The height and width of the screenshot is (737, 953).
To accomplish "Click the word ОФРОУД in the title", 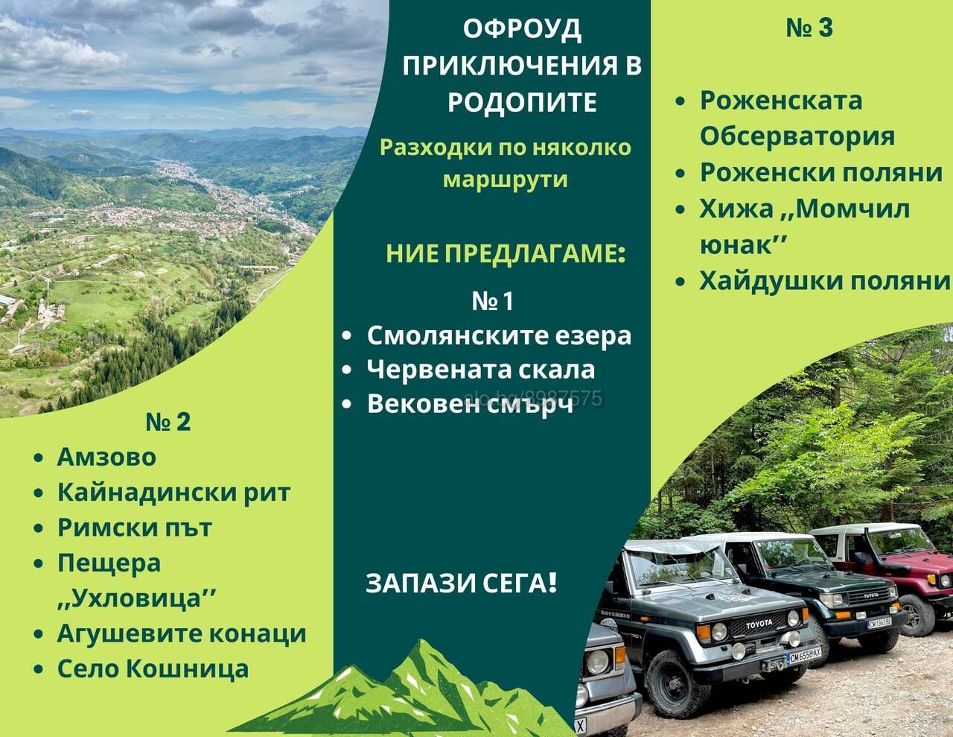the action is [x=522, y=29].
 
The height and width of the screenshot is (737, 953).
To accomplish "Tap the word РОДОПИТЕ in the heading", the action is [x=522, y=102].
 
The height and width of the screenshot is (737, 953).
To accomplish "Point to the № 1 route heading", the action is [x=492, y=301].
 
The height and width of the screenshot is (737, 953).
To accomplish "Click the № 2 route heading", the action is [x=168, y=422].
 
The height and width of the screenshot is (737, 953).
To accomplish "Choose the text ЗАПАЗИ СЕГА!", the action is [x=461, y=583].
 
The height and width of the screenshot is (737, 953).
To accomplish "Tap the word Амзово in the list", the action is [x=106, y=457].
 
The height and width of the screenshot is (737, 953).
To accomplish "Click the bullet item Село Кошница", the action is [x=153, y=669].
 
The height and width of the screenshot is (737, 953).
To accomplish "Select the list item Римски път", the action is [x=135, y=528].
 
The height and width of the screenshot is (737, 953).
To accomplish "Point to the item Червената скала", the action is [x=481, y=370].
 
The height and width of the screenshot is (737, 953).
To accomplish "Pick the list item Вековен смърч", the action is [x=470, y=404].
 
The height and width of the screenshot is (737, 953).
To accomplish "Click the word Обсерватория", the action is [x=797, y=136].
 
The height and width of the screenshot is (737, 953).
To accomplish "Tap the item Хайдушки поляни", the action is [x=824, y=280].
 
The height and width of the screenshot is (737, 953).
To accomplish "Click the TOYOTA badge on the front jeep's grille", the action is [x=759, y=624].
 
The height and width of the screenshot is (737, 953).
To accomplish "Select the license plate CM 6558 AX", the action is [x=804, y=656].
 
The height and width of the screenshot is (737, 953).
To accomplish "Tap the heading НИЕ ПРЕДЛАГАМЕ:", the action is [x=506, y=254].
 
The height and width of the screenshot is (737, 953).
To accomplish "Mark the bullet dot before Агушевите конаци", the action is [x=39, y=634].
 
